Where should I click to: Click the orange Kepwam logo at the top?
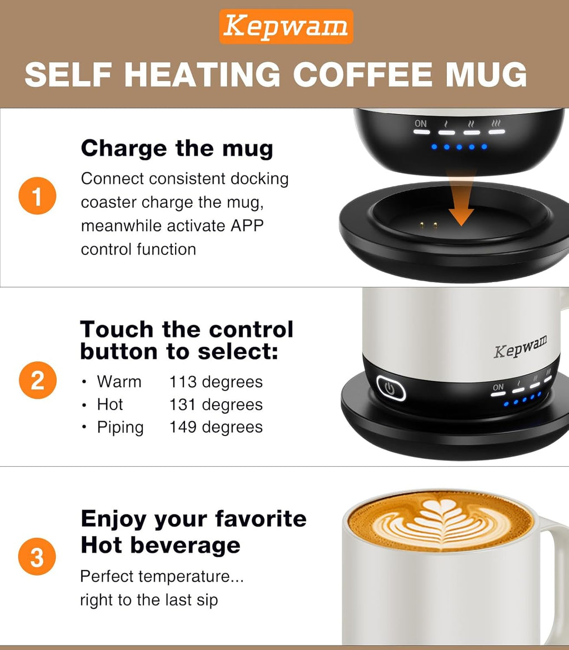(286, 27)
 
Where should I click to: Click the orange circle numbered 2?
(37, 382)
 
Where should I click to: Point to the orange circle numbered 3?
(37, 557)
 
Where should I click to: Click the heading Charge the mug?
(177, 149)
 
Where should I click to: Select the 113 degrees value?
(216, 382)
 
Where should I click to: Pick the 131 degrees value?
(216, 404)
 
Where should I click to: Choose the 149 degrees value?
(216, 427)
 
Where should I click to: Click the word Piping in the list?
(120, 427)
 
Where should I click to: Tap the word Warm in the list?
(119, 382)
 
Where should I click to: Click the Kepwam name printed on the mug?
(520, 346)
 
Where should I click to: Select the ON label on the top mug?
(421, 123)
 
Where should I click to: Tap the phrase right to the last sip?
(149, 600)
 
